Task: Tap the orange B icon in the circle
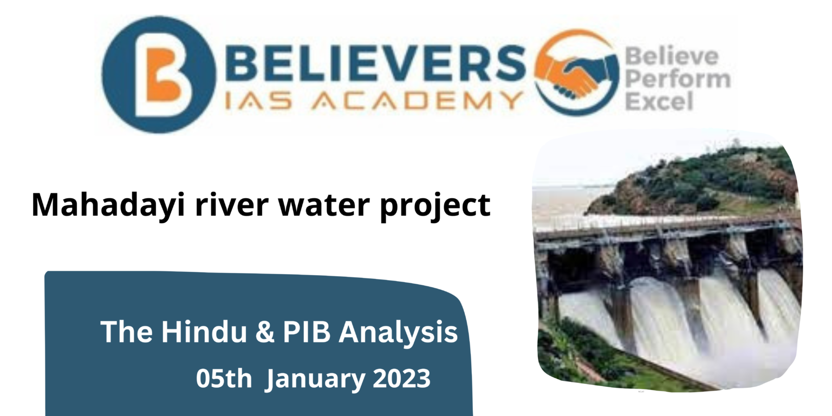(x=160, y=75)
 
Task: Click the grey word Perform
(x=677, y=79)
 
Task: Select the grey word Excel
(x=659, y=101)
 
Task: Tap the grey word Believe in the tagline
(x=671, y=56)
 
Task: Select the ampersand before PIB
(x=265, y=333)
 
